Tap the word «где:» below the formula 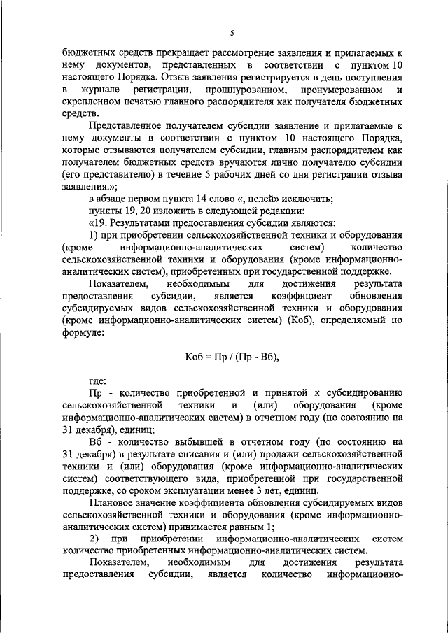[98, 381]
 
